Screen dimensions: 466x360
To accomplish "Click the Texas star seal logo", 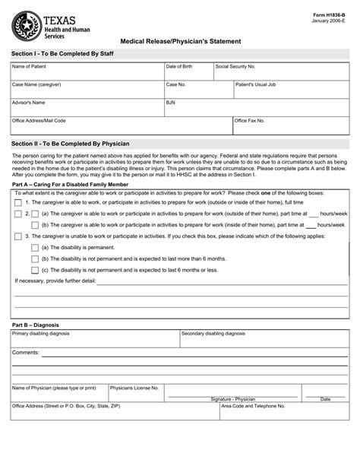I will tap(27, 28).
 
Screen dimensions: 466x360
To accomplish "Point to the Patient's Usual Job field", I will tap(291, 90).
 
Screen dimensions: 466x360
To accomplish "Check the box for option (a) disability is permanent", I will tap(34, 247).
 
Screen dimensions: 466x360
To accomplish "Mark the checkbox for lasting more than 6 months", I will tap(34, 258).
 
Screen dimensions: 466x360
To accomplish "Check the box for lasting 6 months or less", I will tap(34, 270).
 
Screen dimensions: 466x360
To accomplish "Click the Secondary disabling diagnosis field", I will tap(264, 339).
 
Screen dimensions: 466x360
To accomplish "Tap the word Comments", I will tap(25, 353).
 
